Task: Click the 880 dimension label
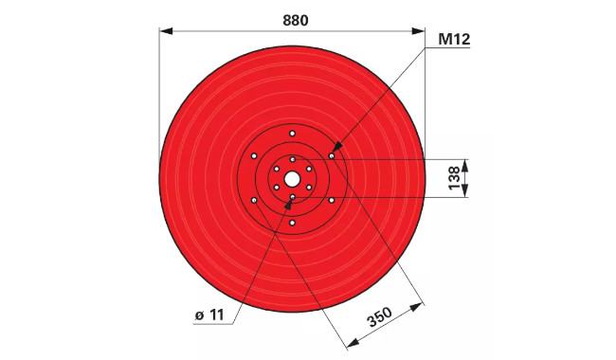pos(296,21)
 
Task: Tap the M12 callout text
pos(454,39)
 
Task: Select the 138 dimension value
pos(454,178)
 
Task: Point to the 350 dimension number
pos(379,317)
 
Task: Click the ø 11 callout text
pos(209,315)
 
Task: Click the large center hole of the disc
pos(292,180)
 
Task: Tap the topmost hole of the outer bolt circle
pos(292,134)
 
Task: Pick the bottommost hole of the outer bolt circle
pos(292,223)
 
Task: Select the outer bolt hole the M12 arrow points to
pos(332,156)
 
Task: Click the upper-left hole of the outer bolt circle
pos(254,156)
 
